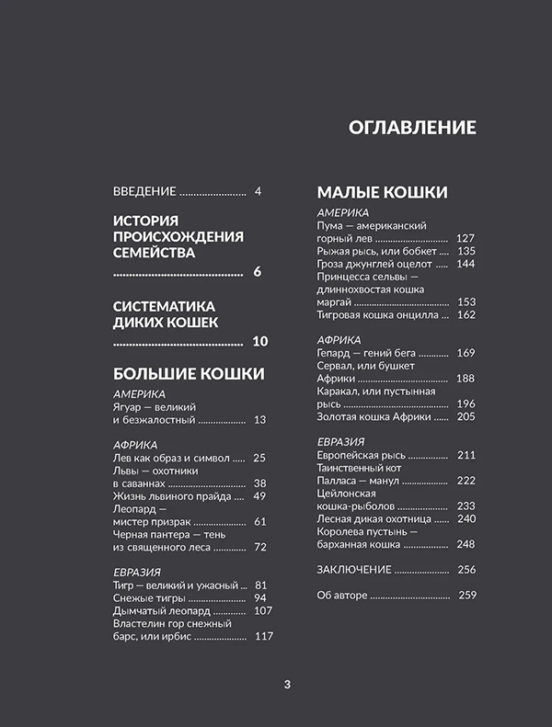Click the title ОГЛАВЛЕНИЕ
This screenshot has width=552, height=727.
(x=412, y=128)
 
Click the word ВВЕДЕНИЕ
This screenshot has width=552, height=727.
(x=144, y=191)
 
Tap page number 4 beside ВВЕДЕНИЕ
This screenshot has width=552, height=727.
(x=259, y=191)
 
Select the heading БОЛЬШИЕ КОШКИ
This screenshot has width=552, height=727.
(x=189, y=374)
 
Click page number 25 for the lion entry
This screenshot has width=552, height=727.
(x=259, y=458)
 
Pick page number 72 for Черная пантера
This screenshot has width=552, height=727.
(x=259, y=548)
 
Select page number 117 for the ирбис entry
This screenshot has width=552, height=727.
(x=263, y=637)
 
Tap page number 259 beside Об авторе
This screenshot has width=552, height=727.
(x=466, y=596)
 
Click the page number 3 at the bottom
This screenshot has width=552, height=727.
(x=287, y=684)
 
